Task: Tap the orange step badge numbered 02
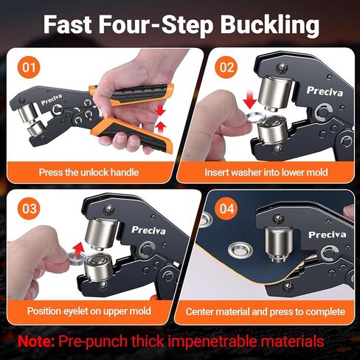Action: point(225,67)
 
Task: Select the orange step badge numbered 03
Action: point(28,209)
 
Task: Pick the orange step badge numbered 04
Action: point(225,209)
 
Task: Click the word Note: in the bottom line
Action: point(41,342)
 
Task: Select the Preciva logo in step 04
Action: point(327,235)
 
